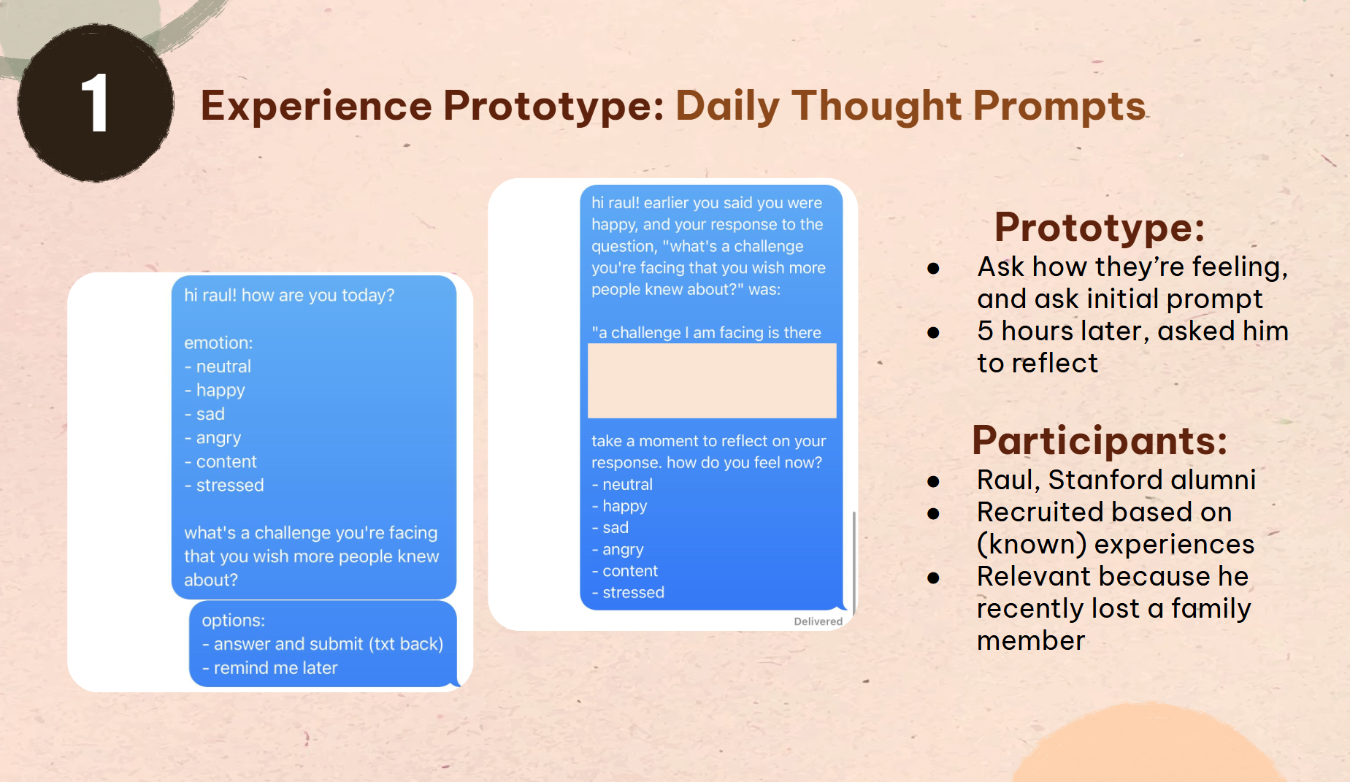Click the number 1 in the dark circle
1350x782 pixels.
point(95,104)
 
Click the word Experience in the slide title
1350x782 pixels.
point(316,107)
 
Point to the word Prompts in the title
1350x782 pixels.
point(1059,107)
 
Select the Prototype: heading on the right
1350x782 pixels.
point(1100,228)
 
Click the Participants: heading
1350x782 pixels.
point(1100,441)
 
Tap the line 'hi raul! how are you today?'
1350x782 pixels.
point(289,296)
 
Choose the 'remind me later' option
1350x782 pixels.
point(270,668)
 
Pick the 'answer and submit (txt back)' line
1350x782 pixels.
point(323,644)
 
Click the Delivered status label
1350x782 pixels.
point(818,621)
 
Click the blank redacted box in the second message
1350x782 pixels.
point(712,380)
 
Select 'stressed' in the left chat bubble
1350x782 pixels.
point(224,486)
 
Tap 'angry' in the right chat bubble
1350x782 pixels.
point(618,550)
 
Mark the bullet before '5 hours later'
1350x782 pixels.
point(933,333)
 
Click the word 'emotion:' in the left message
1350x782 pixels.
point(218,343)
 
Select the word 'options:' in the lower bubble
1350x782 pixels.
point(234,621)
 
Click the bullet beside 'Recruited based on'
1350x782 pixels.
point(933,514)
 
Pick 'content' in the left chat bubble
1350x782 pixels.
point(220,462)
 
